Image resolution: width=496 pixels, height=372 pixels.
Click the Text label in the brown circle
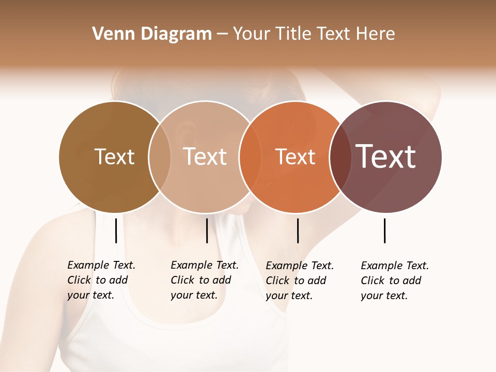114,157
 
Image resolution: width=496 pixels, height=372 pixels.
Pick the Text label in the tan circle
205,157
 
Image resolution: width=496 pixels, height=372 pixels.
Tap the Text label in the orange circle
295,157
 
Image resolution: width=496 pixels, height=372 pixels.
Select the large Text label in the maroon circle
385,157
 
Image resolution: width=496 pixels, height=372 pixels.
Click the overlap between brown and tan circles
160,157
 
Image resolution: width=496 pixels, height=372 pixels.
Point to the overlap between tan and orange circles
250,157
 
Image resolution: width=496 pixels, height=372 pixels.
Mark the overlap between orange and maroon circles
340,157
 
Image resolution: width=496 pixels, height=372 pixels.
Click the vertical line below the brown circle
116,230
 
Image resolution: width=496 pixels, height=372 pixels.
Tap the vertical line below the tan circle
207,230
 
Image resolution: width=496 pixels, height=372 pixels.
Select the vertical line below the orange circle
298,230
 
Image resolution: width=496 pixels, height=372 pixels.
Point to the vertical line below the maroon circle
385,230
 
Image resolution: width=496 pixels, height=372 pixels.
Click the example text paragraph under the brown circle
101,280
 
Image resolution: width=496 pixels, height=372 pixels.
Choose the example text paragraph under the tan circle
204,280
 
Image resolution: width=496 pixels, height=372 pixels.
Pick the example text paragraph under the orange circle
299,281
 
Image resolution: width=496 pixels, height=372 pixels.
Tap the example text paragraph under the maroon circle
394,281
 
